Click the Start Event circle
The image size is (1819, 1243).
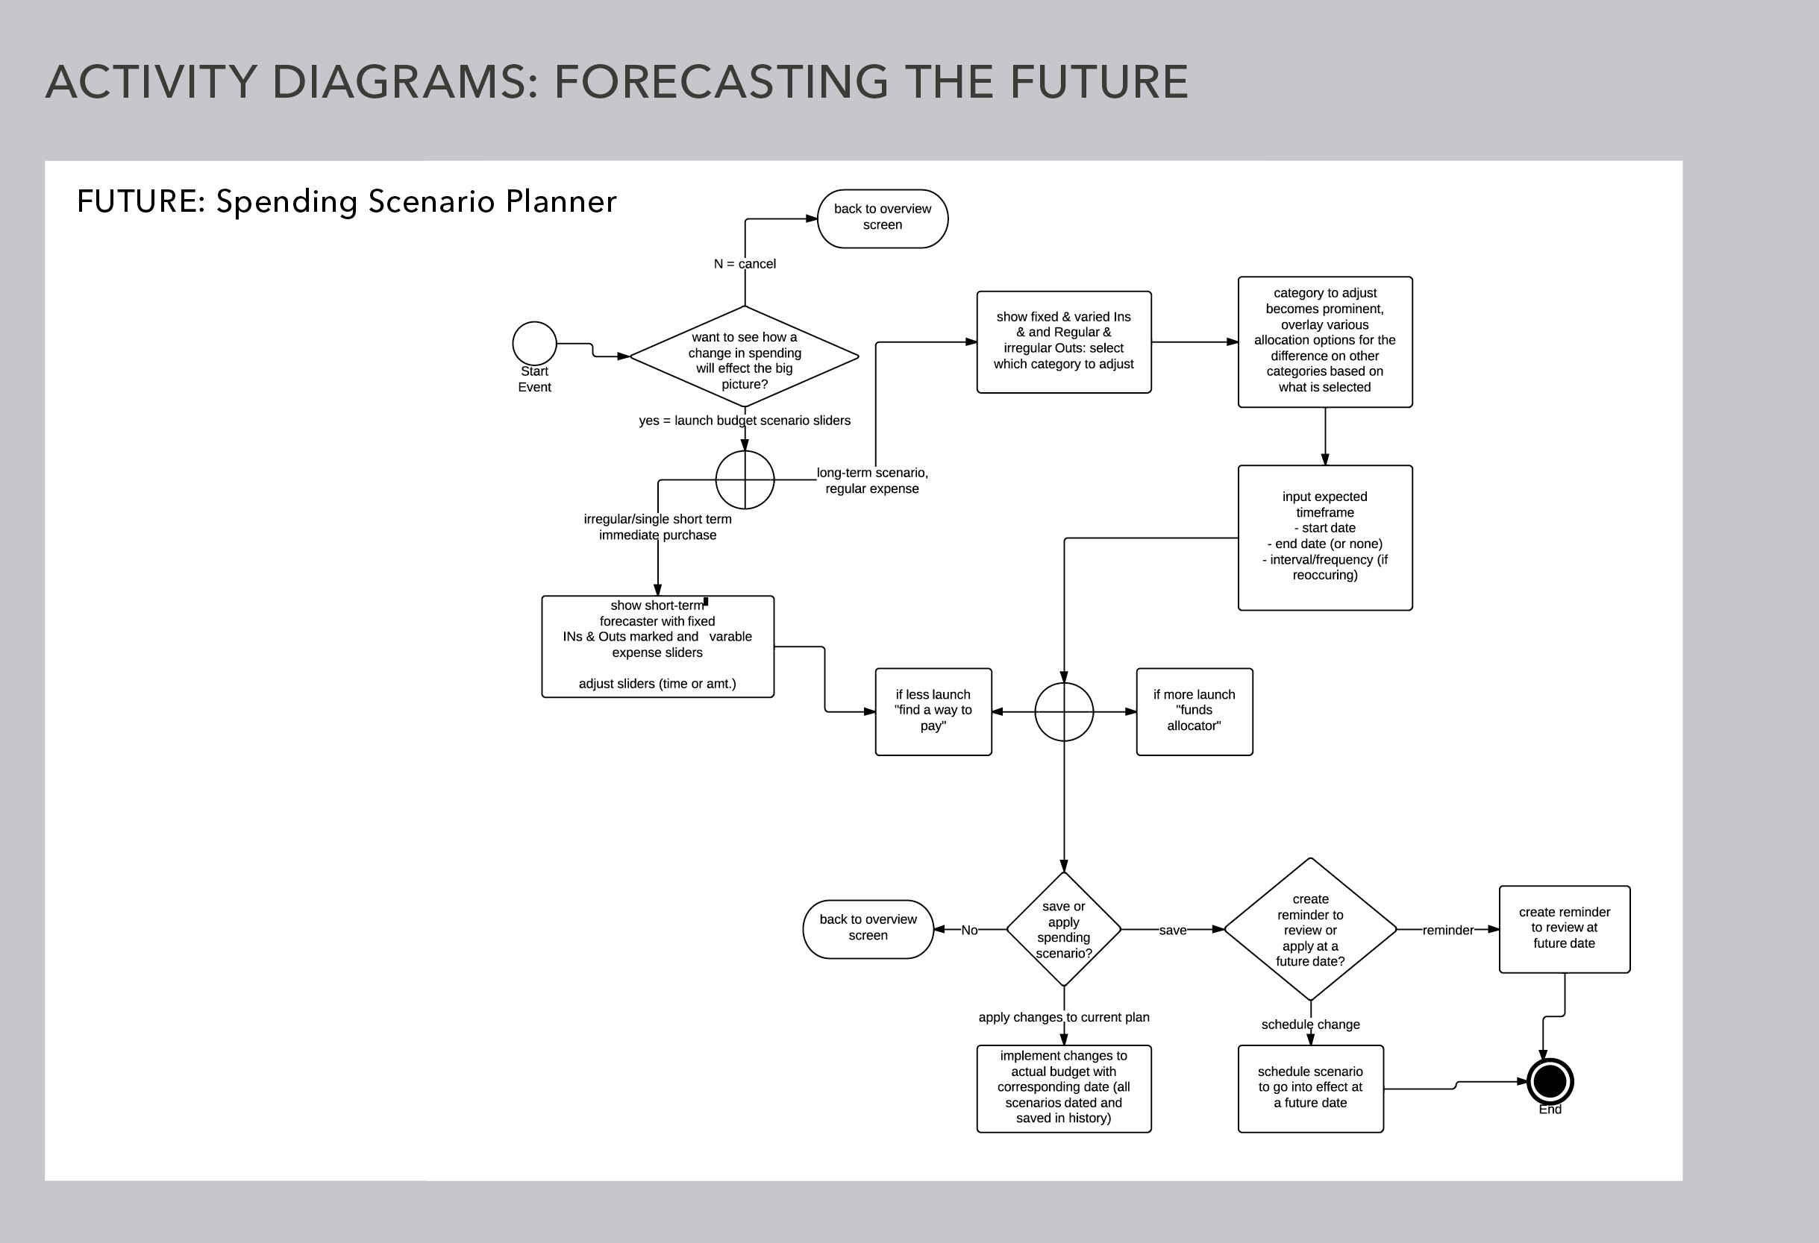pos(535,344)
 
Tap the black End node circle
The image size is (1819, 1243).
pos(1550,1082)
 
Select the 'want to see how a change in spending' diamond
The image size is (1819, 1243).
pos(745,356)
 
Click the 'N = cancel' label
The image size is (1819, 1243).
pos(745,264)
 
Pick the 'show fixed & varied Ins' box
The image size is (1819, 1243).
pos(1064,342)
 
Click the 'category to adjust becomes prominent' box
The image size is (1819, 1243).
pos(1325,342)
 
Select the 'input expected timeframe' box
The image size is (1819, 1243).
pos(1325,538)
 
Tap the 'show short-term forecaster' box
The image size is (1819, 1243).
pos(657,646)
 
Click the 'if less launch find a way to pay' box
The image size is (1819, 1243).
pos(933,711)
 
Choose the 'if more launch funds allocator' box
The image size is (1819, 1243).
pos(1195,711)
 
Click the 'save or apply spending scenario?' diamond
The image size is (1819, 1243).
pos(1064,929)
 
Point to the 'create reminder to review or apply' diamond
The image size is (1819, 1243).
pos(1310,929)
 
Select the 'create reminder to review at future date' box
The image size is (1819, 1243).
pos(1565,929)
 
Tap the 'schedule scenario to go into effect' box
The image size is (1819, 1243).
pos(1310,1088)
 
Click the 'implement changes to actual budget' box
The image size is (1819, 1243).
pos(1064,1088)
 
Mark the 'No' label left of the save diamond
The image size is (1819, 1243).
pos(969,930)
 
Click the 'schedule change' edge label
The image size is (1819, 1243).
pos(1310,1024)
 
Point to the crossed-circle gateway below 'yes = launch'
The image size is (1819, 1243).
pos(745,479)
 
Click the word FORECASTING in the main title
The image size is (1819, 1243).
pos(721,81)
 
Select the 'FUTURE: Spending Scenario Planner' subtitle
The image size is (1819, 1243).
pos(347,202)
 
